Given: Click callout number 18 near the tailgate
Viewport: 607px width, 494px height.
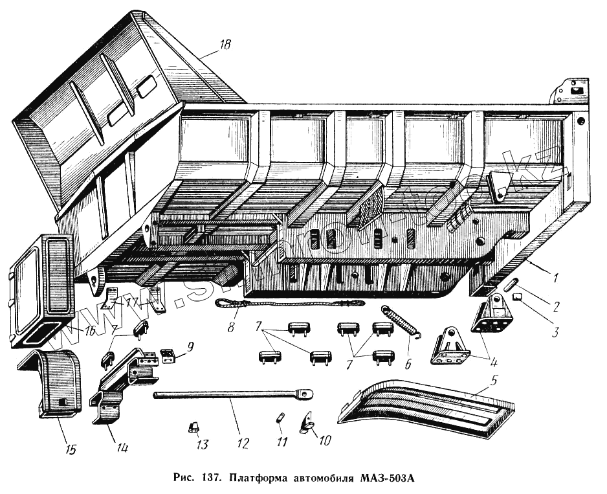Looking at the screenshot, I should coord(225,45).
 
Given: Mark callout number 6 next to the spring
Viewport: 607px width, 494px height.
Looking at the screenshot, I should coord(408,364).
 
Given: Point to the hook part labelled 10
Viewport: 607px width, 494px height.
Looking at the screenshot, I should coord(305,423).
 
